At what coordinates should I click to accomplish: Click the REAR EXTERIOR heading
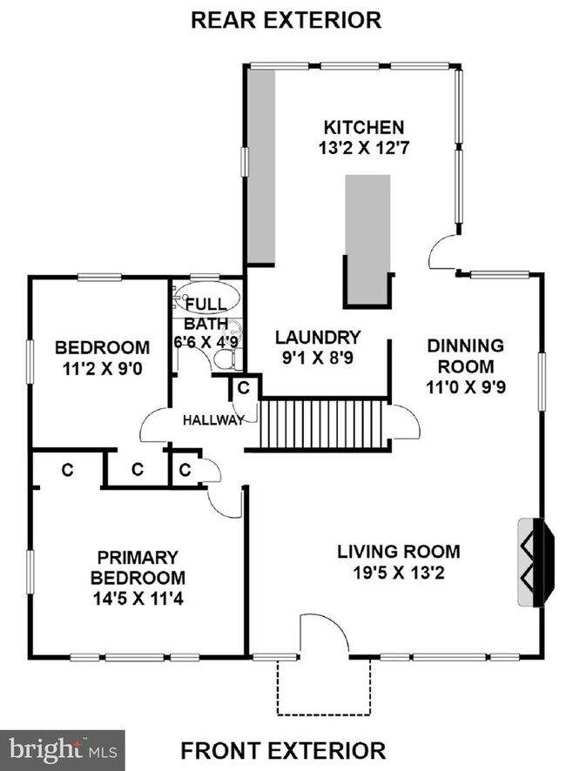click(x=286, y=19)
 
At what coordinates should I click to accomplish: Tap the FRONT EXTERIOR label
click(x=283, y=749)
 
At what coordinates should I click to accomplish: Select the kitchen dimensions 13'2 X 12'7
click(x=364, y=148)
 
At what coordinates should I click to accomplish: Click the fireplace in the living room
click(x=532, y=562)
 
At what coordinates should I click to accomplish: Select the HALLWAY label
click(x=212, y=420)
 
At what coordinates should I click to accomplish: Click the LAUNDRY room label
click(x=318, y=337)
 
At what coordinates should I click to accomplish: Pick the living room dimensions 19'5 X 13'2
click(x=399, y=573)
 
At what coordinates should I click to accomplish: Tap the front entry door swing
click(x=324, y=634)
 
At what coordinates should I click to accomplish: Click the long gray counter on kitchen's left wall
click(x=261, y=165)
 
